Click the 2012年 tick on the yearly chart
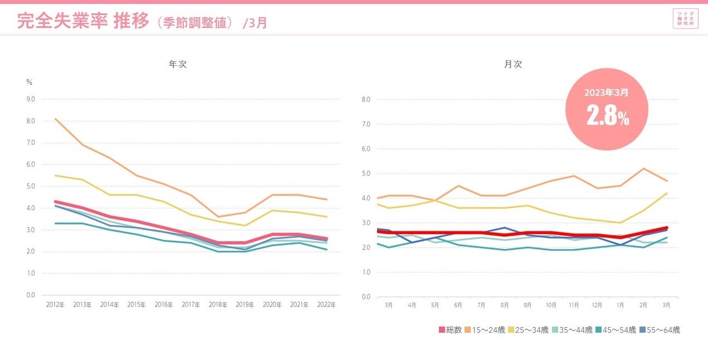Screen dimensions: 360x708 (55, 305)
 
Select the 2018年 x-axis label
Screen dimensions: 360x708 (218, 305)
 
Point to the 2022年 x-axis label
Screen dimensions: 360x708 (326, 305)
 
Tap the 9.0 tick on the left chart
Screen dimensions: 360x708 (30, 99)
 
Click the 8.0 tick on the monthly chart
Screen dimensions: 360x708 (366, 100)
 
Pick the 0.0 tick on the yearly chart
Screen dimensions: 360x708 (30, 295)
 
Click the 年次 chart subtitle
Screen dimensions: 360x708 (178, 64)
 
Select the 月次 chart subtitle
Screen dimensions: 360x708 (513, 64)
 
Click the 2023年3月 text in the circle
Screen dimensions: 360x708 (607, 92)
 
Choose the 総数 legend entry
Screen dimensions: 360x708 (451, 330)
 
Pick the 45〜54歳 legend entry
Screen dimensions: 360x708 (616, 330)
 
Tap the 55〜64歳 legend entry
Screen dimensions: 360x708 (660, 330)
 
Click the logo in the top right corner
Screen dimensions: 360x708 (685, 18)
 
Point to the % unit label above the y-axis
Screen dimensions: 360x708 (30, 82)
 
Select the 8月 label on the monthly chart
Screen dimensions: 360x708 (504, 305)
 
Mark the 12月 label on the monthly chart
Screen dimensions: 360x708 (597, 305)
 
